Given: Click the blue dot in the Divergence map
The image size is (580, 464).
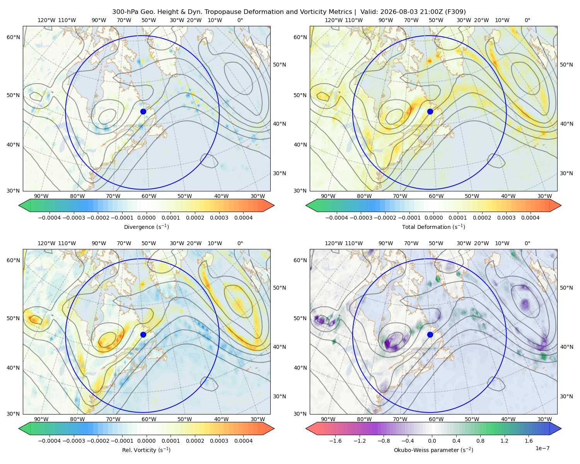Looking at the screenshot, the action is point(143,111).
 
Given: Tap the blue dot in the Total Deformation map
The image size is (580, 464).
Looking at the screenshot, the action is point(430,111).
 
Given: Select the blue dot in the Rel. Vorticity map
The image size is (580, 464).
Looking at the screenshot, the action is point(143,334).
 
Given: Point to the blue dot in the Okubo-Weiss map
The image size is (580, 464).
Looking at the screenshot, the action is point(430,334).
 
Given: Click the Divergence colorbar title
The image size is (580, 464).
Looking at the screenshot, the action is point(146,227).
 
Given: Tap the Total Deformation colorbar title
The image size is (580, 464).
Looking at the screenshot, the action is point(433,227).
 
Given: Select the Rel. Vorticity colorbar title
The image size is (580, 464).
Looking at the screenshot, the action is point(146,450).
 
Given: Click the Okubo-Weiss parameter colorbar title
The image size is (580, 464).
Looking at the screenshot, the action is point(433,450).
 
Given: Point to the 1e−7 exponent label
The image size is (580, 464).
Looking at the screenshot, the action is point(542,448).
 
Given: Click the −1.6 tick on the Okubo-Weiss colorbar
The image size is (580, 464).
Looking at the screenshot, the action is point(335,440).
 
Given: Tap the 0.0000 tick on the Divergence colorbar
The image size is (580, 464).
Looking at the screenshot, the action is point(146,218).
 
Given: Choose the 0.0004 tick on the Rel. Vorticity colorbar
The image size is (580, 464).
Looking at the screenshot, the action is point(243,440).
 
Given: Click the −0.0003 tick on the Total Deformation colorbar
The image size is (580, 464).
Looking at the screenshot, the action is point(361,218).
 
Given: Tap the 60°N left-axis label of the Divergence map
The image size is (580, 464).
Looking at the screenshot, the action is point(13,37).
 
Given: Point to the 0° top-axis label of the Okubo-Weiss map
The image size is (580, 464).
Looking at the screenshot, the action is point(527,243).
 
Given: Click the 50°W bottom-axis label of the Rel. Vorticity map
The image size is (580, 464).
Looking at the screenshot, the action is point(184,419).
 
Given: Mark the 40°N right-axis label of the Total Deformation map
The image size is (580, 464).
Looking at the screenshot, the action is point(566,347).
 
